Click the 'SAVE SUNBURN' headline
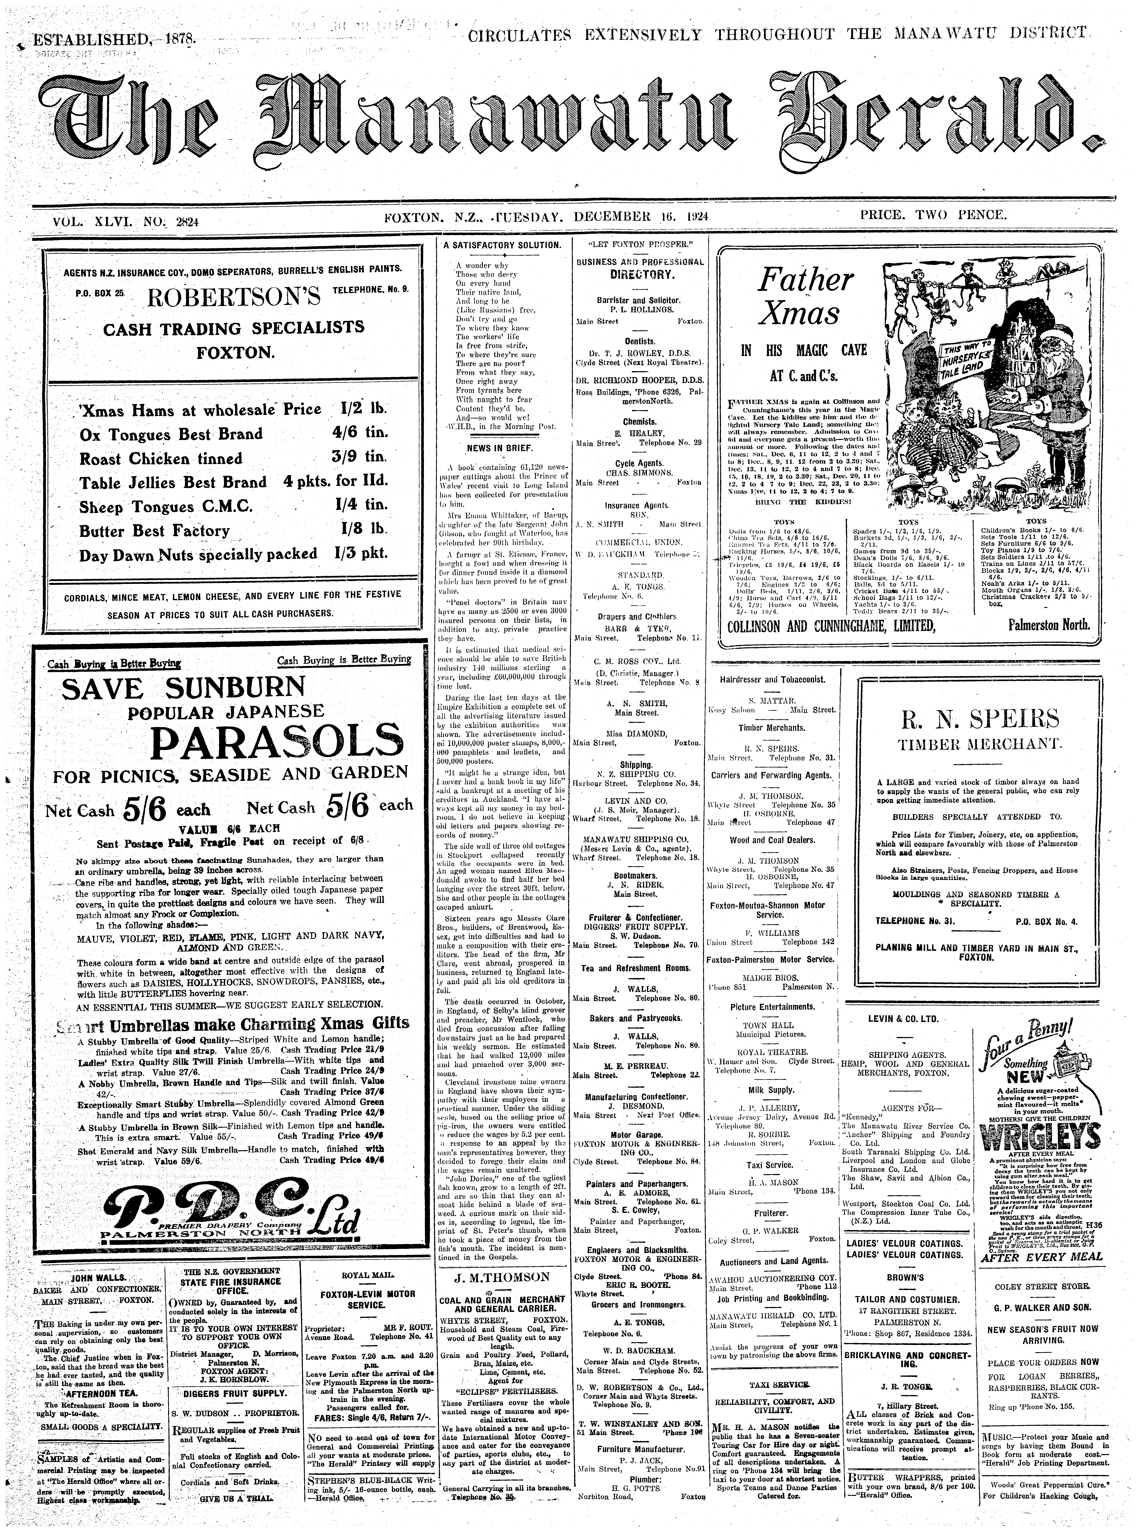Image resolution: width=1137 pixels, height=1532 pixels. tap(183, 687)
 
